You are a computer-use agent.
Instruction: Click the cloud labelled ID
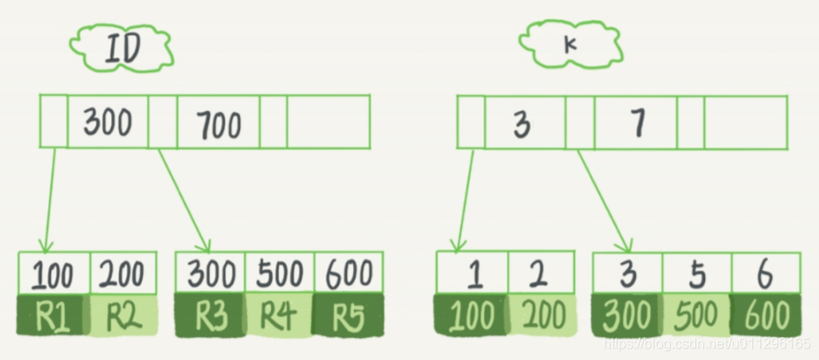[x=122, y=49]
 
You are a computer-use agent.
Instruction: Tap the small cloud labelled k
[x=567, y=41]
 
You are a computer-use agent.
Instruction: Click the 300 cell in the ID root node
[x=108, y=122]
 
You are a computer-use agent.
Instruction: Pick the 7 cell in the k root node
[x=636, y=123]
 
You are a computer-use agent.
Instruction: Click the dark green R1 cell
[x=53, y=315]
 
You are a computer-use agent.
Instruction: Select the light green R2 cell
[x=123, y=315]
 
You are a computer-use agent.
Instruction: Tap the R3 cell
[x=209, y=315]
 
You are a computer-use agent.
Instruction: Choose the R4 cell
[x=279, y=315]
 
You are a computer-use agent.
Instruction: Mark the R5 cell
[x=349, y=315]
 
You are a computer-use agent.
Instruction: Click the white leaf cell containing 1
[x=472, y=274]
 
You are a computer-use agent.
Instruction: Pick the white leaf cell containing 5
[x=697, y=274]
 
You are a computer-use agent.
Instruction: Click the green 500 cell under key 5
[x=697, y=315]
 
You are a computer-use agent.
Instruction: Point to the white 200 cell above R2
[x=123, y=274]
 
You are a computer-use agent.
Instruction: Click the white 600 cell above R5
[x=349, y=274]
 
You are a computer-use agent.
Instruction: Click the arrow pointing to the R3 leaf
[x=185, y=201]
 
